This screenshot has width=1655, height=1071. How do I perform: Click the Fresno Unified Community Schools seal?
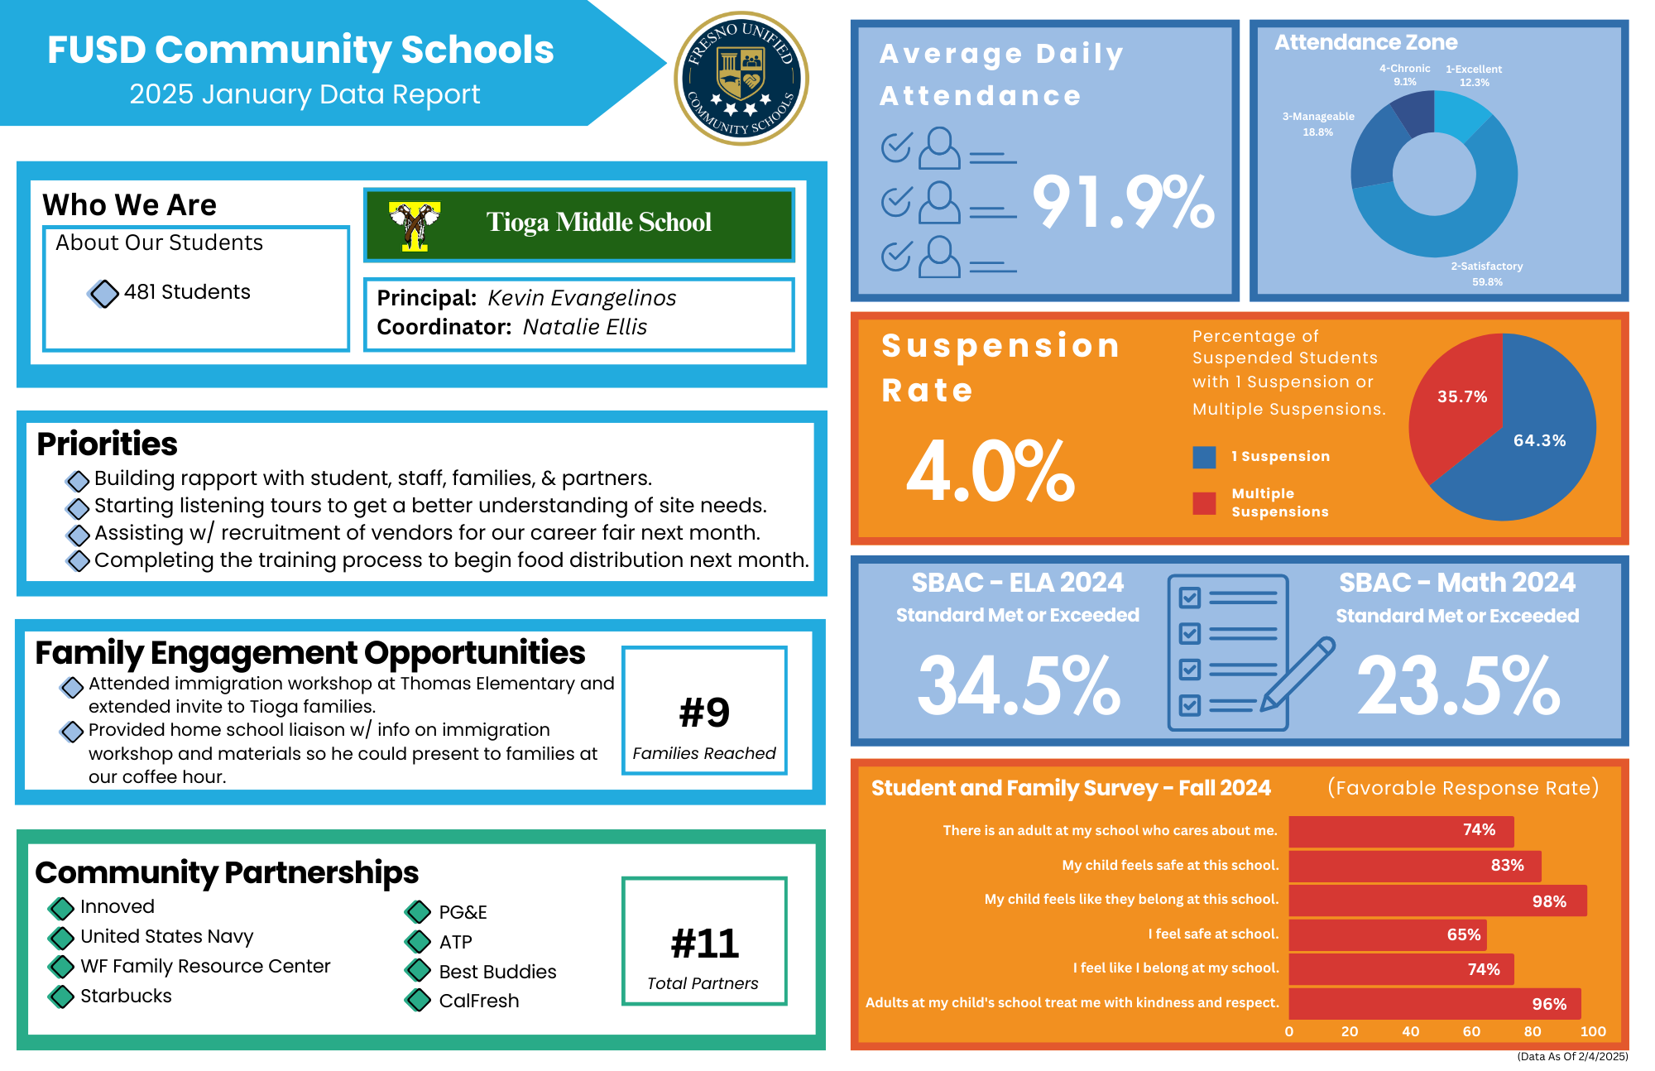[741, 79]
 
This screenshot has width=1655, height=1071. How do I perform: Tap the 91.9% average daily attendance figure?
[1123, 203]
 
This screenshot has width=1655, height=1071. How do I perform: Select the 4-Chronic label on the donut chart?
[1404, 74]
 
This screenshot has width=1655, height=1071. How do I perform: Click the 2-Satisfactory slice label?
[1486, 273]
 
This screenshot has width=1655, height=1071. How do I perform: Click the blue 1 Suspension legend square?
[1204, 457]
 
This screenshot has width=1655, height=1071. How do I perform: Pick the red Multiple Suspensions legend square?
[1204, 503]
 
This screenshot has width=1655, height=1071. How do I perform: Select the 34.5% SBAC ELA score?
[1019, 685]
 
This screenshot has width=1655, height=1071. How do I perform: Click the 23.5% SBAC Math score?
[1458, 685]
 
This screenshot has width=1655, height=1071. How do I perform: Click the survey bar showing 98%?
[1437, 901]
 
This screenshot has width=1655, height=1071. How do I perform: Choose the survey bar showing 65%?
[1388, 934]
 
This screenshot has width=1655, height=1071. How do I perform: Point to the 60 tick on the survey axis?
[1471, 1031]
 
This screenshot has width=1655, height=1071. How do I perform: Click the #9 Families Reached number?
[704, 713]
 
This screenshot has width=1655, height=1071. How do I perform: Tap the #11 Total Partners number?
[704, 944]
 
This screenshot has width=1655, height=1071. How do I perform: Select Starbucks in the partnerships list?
[126, 996]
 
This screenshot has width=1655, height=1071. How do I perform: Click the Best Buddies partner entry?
[497, 972]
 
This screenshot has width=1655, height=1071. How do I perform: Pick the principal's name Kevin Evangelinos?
[582, 298]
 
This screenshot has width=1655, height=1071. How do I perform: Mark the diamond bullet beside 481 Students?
[103, 293]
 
